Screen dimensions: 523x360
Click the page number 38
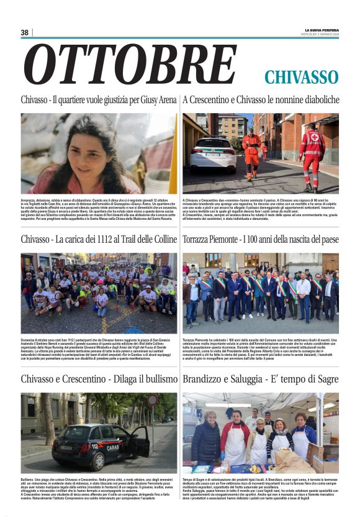click(x=25, y=32)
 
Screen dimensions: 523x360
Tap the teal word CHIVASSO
click(x=301, y=77)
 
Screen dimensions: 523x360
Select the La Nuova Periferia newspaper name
click(x=321, y=30)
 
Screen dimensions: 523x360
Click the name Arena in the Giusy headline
click(x=164, y=100)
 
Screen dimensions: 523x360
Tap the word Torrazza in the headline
click(x=199, y=240)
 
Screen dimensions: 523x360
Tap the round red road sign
click(x=152, y=401)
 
